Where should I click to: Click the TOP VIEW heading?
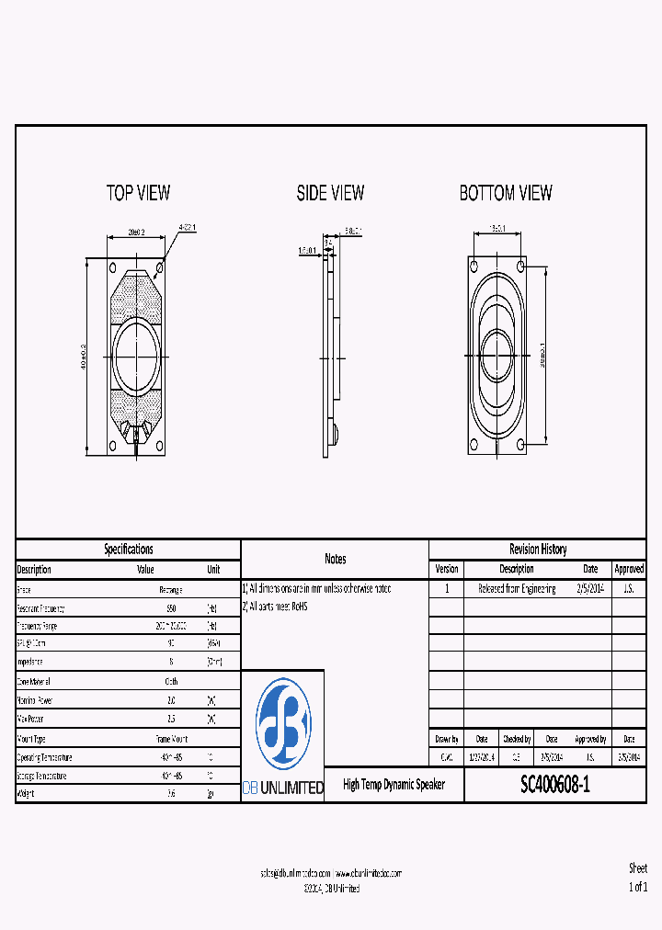pyautogui.click(x=138, y=193)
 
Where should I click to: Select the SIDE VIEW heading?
pyautogui.click(x=330, y=193)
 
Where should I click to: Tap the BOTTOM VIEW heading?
pyautogui.click(x=506, y=193)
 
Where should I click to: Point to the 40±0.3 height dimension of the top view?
pyautogui.click(x=84, y=357)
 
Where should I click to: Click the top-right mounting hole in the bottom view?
pyautogui.click(x=521, y=266)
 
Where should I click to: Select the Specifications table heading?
pyautogui.click(x=128, y=550)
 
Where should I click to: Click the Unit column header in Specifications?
pyautogui.click(x=213, y=569)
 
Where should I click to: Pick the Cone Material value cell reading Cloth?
pyautogui.click(x=172, y=682)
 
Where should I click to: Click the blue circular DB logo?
pyautogui.click(x=283, y=724)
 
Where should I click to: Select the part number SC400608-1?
pyautogui.click(x=555, y=785)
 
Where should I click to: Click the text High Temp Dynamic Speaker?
pyautogui.click(x=394, y=785)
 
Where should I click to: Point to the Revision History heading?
pyautogui.click(x=538, y=550)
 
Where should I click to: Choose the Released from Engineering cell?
pyautogui.click(x=517, y=589)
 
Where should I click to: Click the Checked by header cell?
pyautogui.click(x=516, y=739)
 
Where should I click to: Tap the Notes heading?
pyautogui.click(x=335, y=559)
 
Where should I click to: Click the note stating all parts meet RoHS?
pyautogui.click(x=275, y=607)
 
